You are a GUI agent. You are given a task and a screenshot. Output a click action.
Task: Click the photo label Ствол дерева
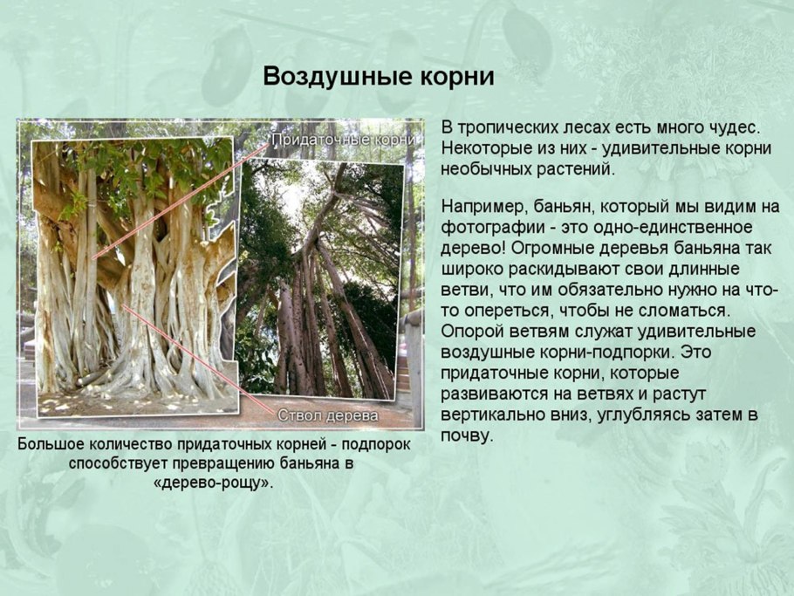(x=328, y=414)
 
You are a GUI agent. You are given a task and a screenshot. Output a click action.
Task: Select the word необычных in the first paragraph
(x=488, y=169)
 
